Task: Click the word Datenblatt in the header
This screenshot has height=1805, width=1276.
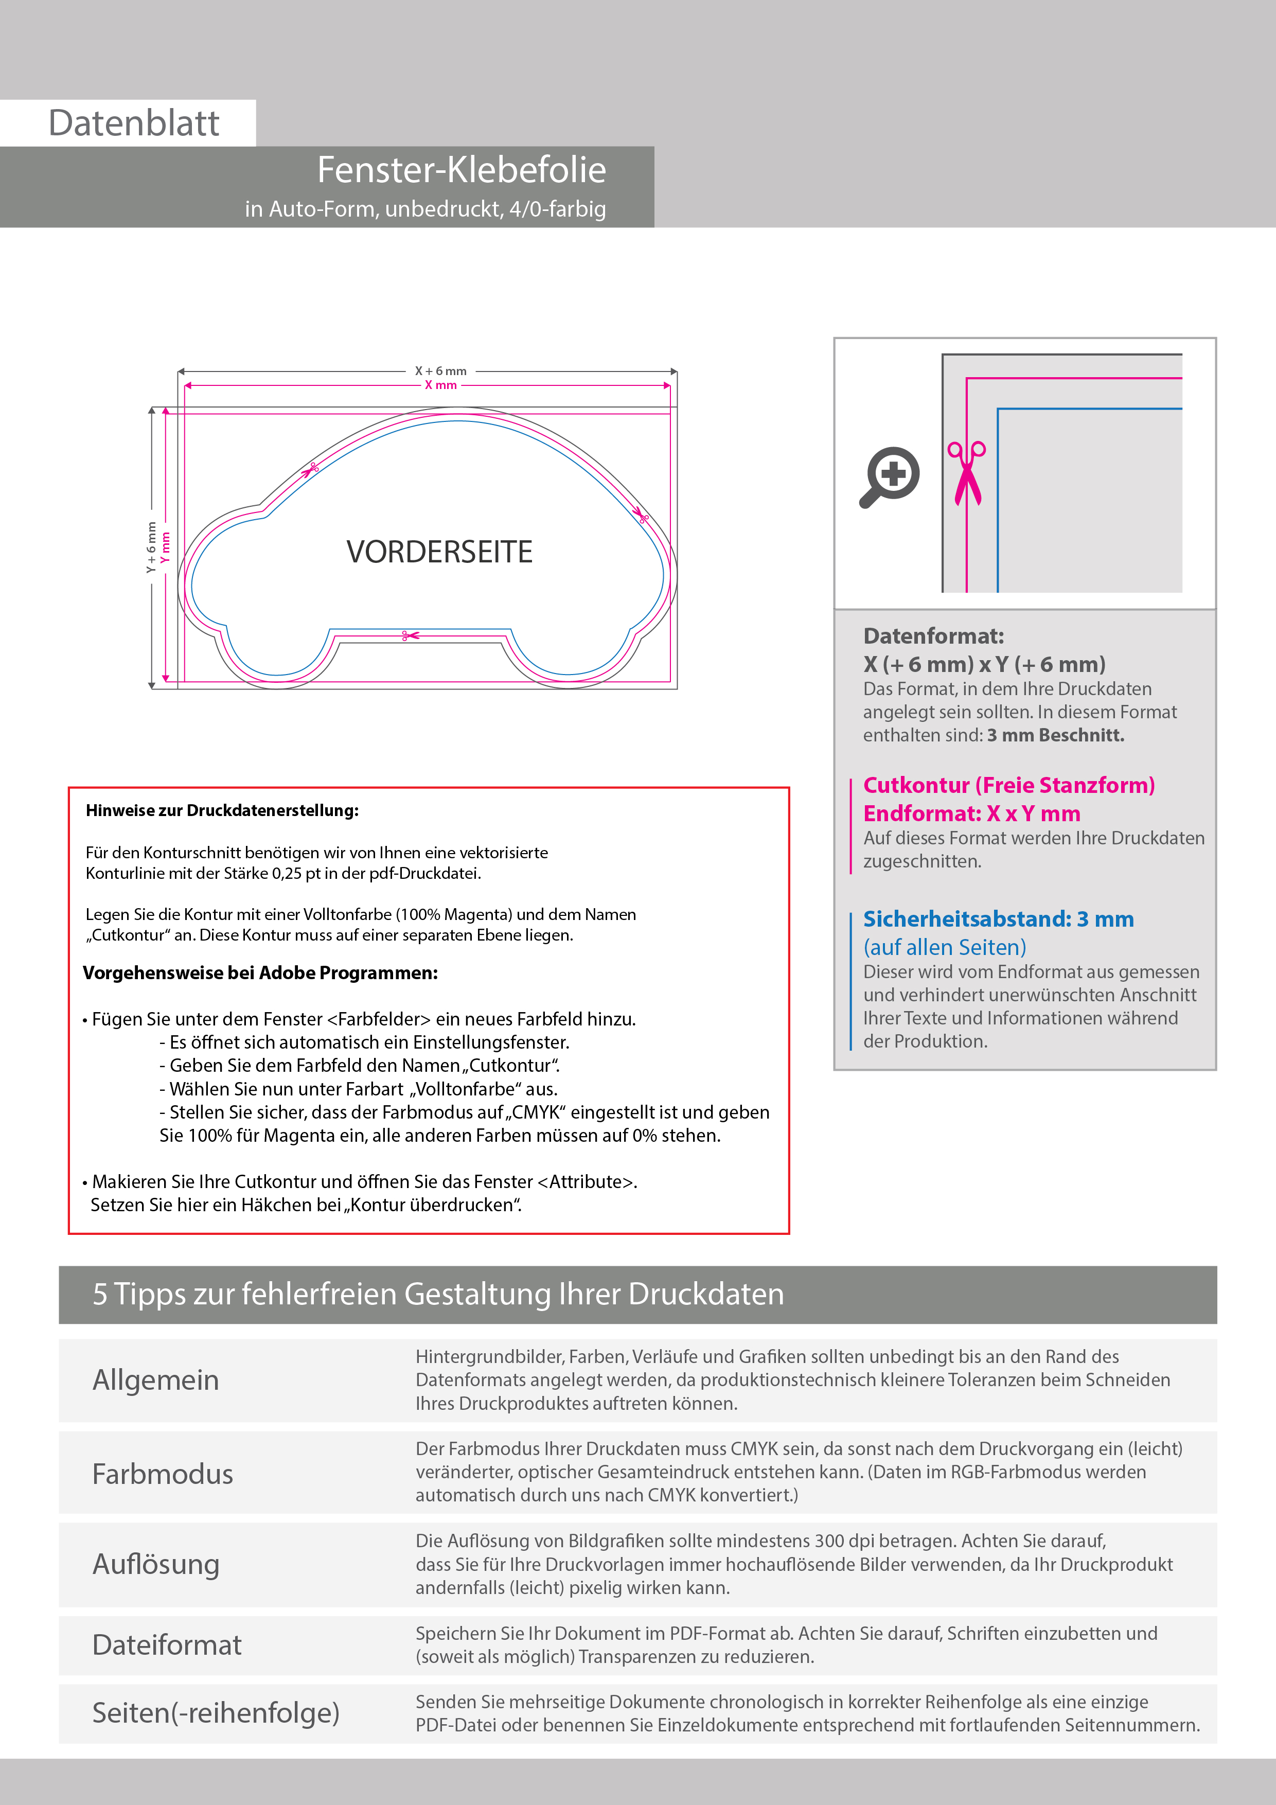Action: pos(134,123)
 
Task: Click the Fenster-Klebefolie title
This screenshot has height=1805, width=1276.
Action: pos(462,170)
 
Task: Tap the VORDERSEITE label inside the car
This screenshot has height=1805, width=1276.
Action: pos(439,552)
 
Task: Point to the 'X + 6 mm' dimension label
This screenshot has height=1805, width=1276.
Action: pos(440,371)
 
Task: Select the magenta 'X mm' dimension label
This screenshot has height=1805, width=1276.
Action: pos(440,385)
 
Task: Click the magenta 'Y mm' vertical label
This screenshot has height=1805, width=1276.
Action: pos(165,547)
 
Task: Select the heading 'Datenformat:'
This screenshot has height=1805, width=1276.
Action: pos(933,636)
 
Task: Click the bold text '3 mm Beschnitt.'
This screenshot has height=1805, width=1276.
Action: pos(1055,735)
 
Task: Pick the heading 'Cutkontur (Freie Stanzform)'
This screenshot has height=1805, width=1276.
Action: pos(1008,785)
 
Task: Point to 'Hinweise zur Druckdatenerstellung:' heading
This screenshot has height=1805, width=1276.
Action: pos(222,810)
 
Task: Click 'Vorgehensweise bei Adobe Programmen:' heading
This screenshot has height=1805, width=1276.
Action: pos(260,974)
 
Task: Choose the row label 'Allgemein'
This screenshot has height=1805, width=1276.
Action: pos(156,1379)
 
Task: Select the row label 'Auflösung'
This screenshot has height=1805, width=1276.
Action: pos(156,1564)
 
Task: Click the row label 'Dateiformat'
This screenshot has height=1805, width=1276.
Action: pos(167,1644)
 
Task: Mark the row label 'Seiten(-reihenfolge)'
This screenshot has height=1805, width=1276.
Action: pos(216,1712)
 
